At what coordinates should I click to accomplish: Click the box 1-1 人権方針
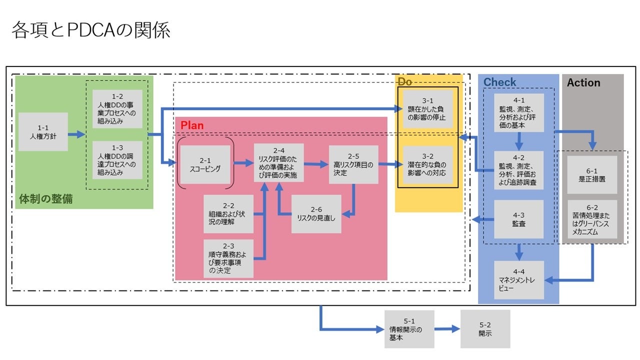43,132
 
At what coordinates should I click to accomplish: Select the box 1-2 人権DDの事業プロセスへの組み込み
117,109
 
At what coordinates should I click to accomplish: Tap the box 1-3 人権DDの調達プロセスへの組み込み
117,160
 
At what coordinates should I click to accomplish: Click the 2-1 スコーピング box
205,164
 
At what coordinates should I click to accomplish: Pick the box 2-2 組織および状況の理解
228,214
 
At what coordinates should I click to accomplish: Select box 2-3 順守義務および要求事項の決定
228,258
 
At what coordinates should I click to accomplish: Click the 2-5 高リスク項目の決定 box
353,164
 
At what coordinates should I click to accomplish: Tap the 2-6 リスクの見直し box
316,214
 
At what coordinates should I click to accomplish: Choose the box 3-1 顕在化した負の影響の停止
427,109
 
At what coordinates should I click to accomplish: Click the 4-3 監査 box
519,219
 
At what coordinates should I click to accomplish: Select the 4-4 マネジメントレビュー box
519,280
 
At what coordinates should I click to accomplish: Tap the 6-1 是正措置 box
592,174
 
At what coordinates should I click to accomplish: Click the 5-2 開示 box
485,329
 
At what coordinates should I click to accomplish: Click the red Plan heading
192,125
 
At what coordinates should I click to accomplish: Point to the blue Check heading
499,82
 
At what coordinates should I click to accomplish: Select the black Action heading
583,83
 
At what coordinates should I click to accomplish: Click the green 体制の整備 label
45,199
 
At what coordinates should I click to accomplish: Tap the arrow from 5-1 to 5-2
447,329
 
